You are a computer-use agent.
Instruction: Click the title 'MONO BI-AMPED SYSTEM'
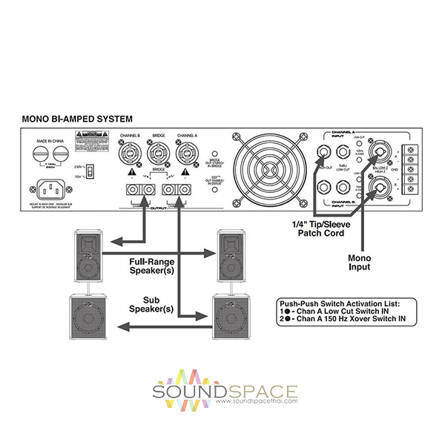click(x=78, y=118)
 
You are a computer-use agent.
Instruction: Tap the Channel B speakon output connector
click(x=126, y=156)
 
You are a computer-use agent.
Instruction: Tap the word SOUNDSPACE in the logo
click(x=225, y=392)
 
